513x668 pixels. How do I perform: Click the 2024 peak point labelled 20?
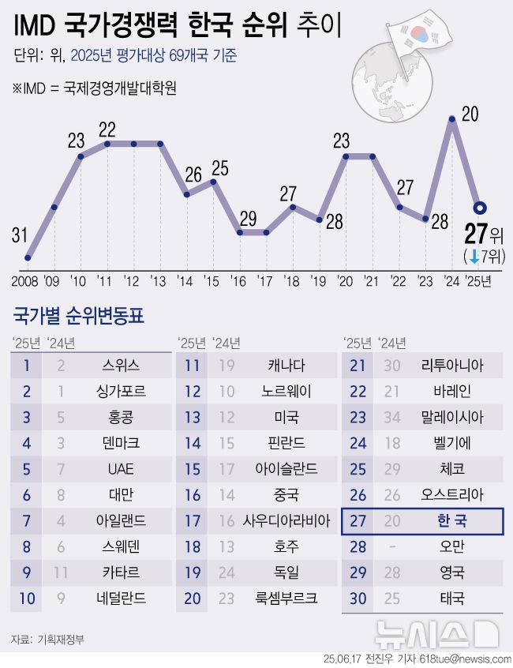click(451, 120)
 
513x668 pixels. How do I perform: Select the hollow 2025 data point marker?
click(478, 208)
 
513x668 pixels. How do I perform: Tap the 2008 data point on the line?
click(28, 257)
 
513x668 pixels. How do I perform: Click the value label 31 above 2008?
click(20, 235)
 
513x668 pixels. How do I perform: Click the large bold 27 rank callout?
click(476, 235)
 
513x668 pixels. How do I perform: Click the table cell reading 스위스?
click(121, 365)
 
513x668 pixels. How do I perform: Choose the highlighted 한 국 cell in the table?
click(452, 521)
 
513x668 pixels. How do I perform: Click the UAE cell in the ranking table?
click(121, 469)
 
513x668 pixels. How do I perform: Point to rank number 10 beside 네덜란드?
click(28, 599)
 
